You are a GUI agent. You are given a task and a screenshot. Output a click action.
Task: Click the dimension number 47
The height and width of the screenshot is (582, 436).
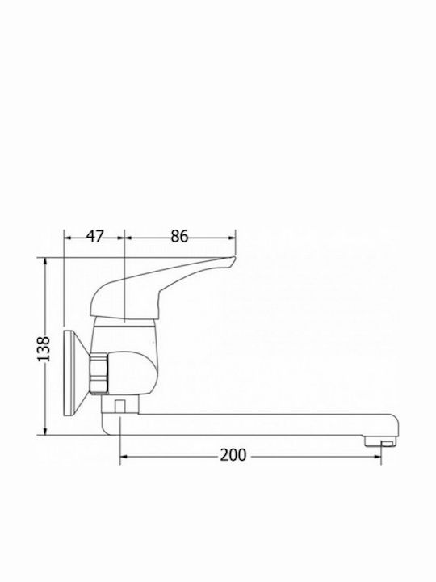click(95, 236)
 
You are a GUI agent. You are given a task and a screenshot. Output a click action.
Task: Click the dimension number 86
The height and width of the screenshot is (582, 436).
click(179, 236)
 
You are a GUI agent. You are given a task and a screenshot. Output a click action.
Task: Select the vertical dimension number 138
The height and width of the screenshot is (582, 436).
click(44, 349)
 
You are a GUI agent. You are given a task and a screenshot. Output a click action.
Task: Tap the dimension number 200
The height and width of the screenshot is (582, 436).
click(233, 455)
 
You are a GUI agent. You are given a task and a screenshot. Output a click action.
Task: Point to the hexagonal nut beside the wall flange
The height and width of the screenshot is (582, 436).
click(99, 373)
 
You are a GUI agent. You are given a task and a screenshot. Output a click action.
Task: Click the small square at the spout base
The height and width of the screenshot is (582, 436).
click(119, 406)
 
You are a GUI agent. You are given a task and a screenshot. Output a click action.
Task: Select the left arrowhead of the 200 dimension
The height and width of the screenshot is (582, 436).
click(124, 456)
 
